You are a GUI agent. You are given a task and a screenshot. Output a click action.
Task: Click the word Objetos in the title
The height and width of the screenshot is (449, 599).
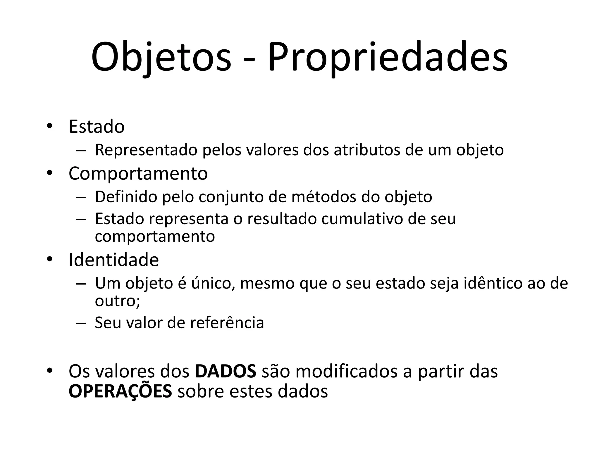[161, 57]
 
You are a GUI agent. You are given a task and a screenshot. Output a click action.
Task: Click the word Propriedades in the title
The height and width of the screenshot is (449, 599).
[388, 57]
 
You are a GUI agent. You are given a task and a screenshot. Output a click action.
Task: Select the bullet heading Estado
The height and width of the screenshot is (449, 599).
[97, 127]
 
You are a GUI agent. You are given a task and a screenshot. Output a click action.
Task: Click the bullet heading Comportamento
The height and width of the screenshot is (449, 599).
[138, 173]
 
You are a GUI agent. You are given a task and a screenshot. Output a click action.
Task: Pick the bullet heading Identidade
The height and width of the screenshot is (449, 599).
[113, 260]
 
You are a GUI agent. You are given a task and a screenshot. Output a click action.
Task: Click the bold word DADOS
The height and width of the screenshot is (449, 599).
[226, 371]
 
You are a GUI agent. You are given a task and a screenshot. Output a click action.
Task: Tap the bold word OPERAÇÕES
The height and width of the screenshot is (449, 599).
[120, 391]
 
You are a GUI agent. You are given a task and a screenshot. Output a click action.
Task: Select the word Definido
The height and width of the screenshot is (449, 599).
[126, 197]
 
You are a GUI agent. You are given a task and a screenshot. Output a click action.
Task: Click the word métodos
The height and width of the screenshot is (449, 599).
[324, 197]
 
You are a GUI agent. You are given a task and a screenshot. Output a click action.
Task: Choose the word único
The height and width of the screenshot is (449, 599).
[213, 283]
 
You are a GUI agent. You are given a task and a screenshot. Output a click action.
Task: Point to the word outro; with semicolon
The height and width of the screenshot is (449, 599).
[118, 301]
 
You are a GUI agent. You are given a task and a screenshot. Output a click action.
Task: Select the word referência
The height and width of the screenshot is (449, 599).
[227, 323]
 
